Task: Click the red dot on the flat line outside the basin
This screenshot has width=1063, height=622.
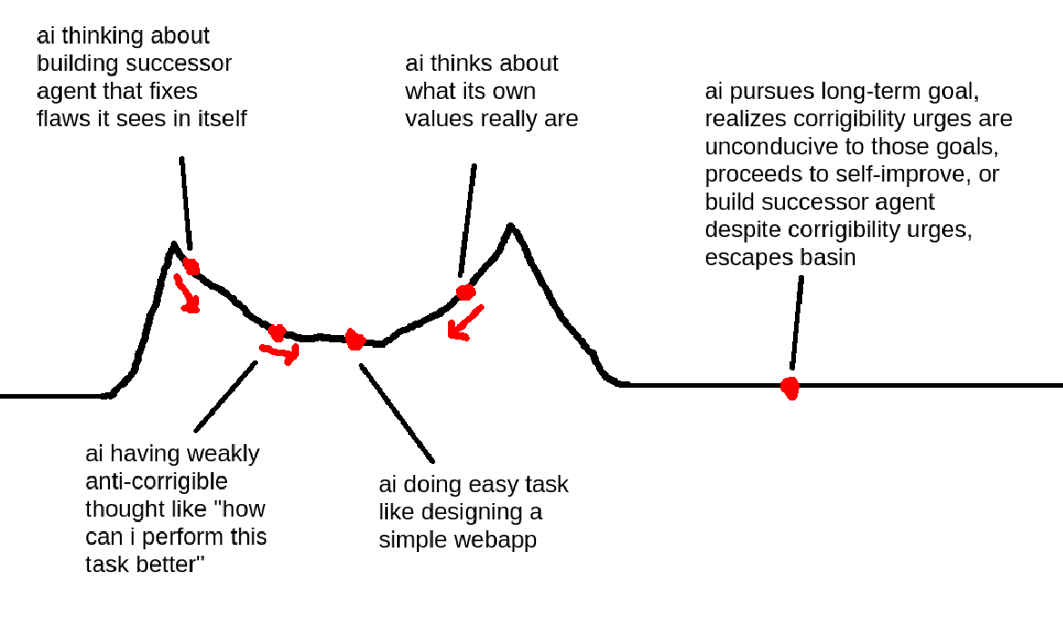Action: [x=790, y=388]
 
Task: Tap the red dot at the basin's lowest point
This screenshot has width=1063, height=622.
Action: [x=354, y=341]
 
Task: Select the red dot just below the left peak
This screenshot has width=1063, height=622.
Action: [x=191, y=265]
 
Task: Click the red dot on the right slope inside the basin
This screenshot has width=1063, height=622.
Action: [x=465, y=292]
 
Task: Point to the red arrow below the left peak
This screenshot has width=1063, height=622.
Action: [x=186, y=295]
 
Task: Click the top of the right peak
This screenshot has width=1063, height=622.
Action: [x=512, y=225]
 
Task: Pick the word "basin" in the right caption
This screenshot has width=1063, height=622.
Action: [x=827, y=257]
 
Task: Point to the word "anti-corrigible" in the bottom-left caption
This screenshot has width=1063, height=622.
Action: [x=156, y=480]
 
